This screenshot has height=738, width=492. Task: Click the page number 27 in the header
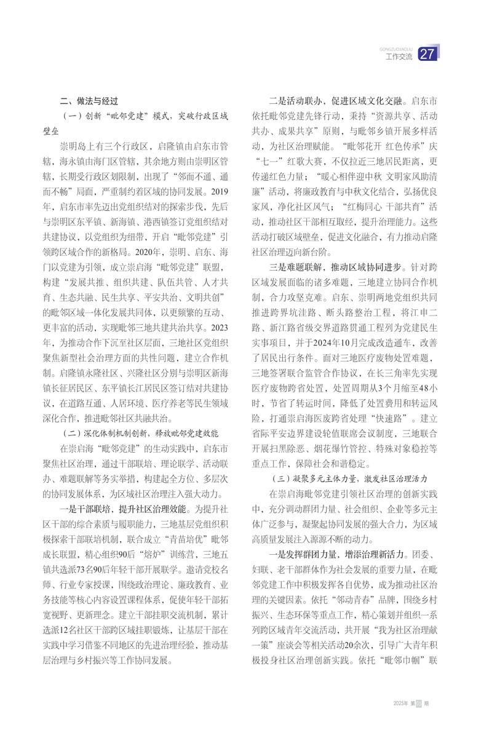(427, 56)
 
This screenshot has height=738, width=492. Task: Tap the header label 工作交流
(399, 57)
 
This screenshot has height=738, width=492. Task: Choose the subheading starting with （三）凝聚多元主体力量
(349, 477)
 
